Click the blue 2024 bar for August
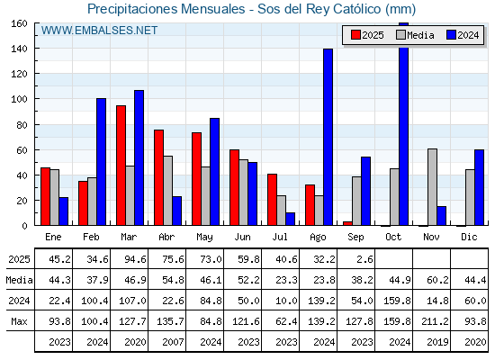[328, 137]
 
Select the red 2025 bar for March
[121, 166]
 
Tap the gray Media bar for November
[432, 187]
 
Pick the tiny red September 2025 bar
[347, 223]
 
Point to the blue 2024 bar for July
[290, 219]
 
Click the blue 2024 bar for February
[101, 162]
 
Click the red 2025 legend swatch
[355, 35]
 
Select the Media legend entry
[415, 35]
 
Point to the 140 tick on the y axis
[36, 49]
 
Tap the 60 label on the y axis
[22, 150]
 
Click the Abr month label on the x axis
[166, 237]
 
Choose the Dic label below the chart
[469, 237]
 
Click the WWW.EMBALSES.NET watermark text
[99, 31]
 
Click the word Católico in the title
[357, 9]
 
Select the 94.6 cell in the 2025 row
[135, 259]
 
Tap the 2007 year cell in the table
[173, 342]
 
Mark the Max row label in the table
[19, 321]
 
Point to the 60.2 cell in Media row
[437, 280]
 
